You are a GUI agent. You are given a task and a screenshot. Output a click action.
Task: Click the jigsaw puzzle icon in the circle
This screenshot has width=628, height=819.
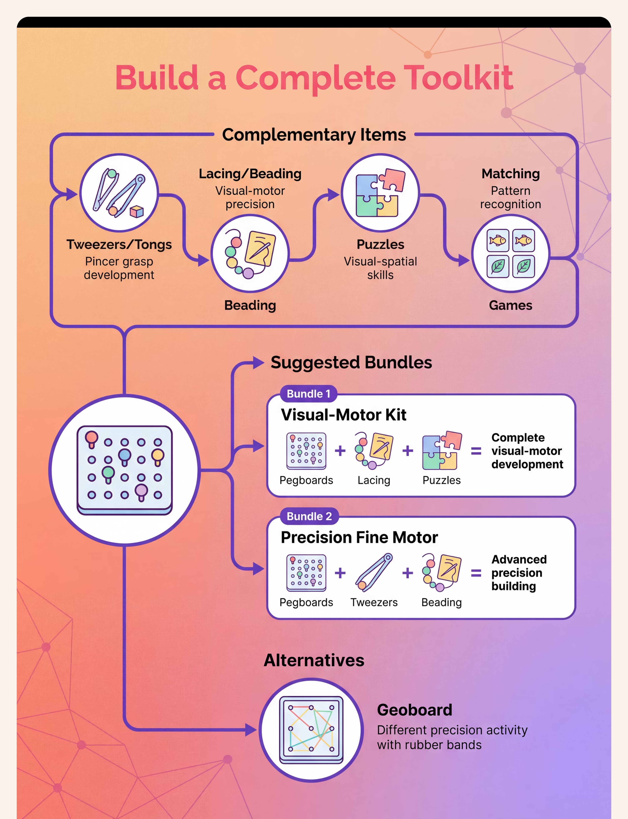(x=380, y=193)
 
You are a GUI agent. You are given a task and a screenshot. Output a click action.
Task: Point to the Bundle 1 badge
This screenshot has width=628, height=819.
(x=308, y=394)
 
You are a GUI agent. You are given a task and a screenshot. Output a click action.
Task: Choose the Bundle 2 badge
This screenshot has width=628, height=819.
(x=309, y=516)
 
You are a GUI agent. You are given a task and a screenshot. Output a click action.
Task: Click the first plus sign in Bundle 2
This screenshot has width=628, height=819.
(x=340, y=573)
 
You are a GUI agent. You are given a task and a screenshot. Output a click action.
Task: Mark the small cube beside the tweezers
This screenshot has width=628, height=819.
(x=137, y=212)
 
